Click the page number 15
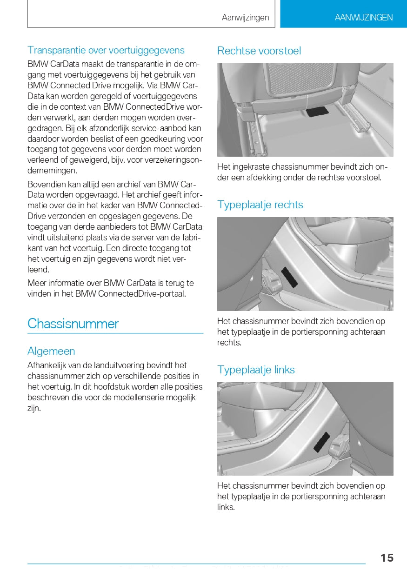387,557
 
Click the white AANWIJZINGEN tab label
363,18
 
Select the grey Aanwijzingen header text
245,18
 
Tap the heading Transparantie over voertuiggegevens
106,50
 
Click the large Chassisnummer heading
73,324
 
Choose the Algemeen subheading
51,351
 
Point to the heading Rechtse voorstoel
259,51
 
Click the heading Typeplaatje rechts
260,205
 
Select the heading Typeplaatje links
256,370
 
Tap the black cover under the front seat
318,112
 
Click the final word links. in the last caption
226,507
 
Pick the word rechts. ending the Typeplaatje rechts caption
229,343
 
